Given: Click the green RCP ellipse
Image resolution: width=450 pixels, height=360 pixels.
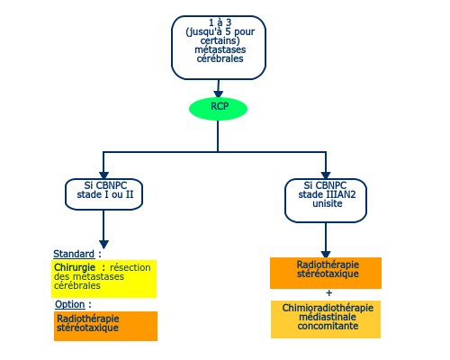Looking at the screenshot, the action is [x=218, y=109].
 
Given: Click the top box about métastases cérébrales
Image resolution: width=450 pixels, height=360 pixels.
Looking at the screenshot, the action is [x=219, y=48].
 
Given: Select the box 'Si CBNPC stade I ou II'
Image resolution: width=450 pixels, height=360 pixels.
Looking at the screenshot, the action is [x=103, y=194].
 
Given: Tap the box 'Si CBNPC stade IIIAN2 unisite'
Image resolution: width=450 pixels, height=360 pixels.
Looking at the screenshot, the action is [x=326, y=201].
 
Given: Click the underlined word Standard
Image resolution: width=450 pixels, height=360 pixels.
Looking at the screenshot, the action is [x=74, y=254].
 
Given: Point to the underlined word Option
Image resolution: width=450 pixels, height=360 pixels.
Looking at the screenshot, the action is [x=70, y=304].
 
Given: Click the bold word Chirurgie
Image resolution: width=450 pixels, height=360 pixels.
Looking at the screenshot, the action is [x=75, y=267].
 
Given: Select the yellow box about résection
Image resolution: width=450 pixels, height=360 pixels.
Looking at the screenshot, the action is [x=103, y=279].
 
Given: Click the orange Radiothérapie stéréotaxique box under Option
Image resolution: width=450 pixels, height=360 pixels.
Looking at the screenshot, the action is [x=105, y=326].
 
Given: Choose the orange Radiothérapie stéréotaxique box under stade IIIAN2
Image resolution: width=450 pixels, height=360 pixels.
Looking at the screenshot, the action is [x=326, y=273].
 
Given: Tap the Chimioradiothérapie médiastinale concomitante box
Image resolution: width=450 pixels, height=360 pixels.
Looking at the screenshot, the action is [x=326, y=319].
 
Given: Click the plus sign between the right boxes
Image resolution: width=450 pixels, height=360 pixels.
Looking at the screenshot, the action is [x=329, y=292].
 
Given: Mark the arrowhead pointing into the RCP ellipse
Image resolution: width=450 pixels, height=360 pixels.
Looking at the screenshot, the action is [x=218, y=94].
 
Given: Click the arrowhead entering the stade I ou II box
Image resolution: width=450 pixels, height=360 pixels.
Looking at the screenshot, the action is [x=103, y=175].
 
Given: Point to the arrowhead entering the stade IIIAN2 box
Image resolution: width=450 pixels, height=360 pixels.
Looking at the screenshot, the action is [x=326, y=175].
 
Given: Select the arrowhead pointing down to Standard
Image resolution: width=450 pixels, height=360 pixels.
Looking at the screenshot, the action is [x=103, y=244].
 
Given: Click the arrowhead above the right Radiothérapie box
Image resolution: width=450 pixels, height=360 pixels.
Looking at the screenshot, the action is [x=326, y=254].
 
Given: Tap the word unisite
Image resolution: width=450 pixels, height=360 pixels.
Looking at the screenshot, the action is [x=328, y=203].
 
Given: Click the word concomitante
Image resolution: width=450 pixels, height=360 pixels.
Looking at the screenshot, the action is [x=328, y=326].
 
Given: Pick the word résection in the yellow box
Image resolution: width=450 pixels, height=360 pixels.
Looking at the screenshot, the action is [x=130, y=267].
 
